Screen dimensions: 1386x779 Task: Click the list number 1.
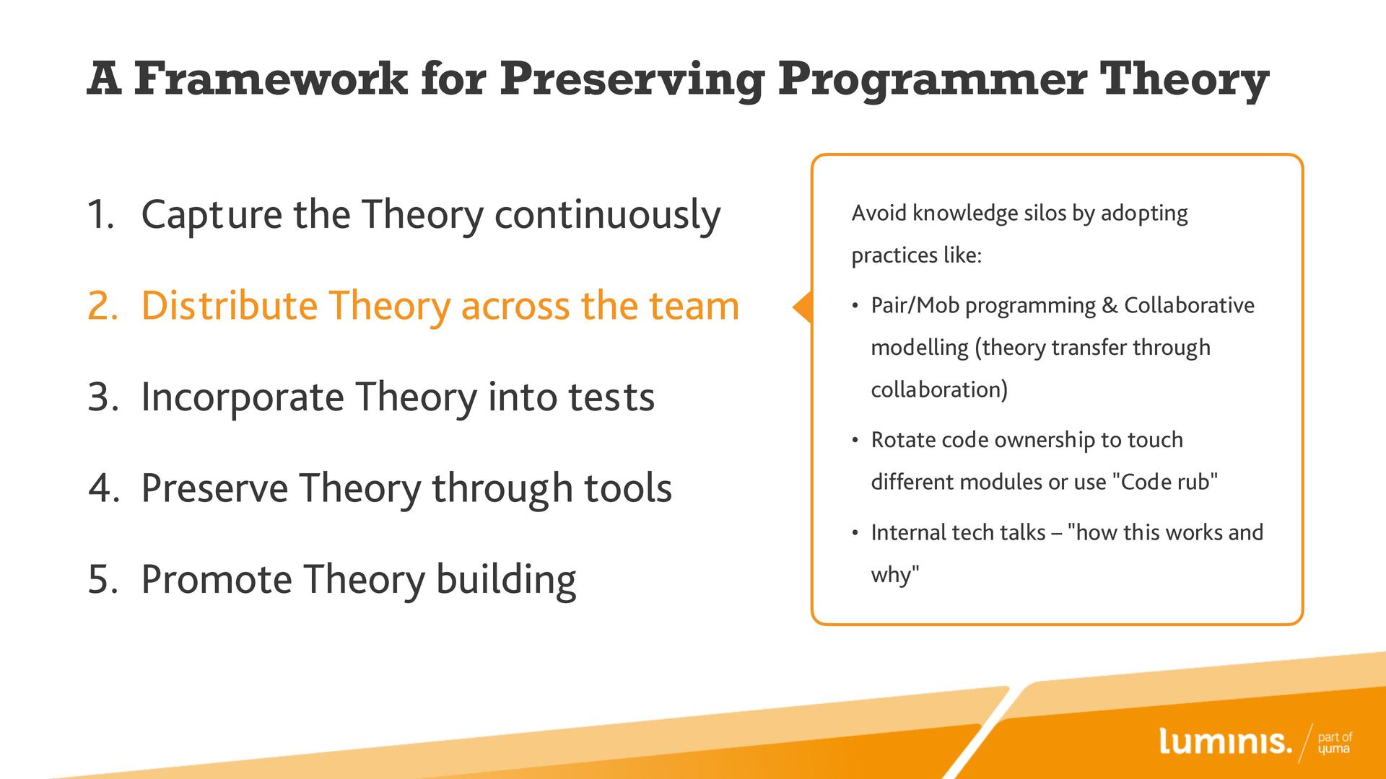(x=100, y=214)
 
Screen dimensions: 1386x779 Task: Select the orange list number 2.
(x=103, y=306)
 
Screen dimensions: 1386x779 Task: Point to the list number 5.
(x=103, y=580)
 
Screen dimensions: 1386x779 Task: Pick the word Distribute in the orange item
(x=230, y=305)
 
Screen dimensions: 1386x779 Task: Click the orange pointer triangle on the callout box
(x=803, y=307)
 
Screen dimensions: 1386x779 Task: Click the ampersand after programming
(x=1110, y=306)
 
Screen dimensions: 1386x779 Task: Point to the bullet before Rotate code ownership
(x=855, y=441)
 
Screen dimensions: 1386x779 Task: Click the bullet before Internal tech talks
(x=855, y=534)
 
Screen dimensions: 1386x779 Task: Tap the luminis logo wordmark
(x=1225, y=741)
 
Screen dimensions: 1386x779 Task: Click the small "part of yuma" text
(x=1335, y=743)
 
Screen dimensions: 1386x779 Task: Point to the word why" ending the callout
(x=895, y=575)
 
